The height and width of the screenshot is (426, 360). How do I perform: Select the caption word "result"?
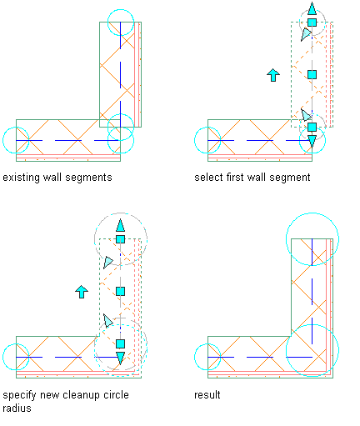point(207,394)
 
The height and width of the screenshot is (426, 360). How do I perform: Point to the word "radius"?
point(17,408)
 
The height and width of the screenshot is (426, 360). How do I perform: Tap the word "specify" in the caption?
point(19,395)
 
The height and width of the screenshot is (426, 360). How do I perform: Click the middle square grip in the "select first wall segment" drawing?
point(312,75)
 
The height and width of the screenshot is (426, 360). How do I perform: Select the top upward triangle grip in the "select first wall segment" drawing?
point(312,9)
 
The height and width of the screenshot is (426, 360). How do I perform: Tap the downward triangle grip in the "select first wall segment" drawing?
point(312,142)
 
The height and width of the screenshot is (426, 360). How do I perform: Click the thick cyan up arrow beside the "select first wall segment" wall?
point(273,75)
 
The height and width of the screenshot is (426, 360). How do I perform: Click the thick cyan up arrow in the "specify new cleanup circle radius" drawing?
point(82,292)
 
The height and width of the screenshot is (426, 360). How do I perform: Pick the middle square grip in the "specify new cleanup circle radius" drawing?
point(120,292)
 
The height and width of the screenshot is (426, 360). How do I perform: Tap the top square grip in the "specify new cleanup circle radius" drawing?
point(120,239)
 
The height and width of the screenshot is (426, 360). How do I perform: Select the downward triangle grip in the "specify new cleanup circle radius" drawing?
point(120,358)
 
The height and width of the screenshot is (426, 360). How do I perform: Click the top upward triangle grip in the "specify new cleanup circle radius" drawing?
point(120,225)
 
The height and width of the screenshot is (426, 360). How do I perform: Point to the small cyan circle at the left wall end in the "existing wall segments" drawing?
point(3,140)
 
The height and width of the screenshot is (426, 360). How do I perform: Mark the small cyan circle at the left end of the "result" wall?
point(195,357)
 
